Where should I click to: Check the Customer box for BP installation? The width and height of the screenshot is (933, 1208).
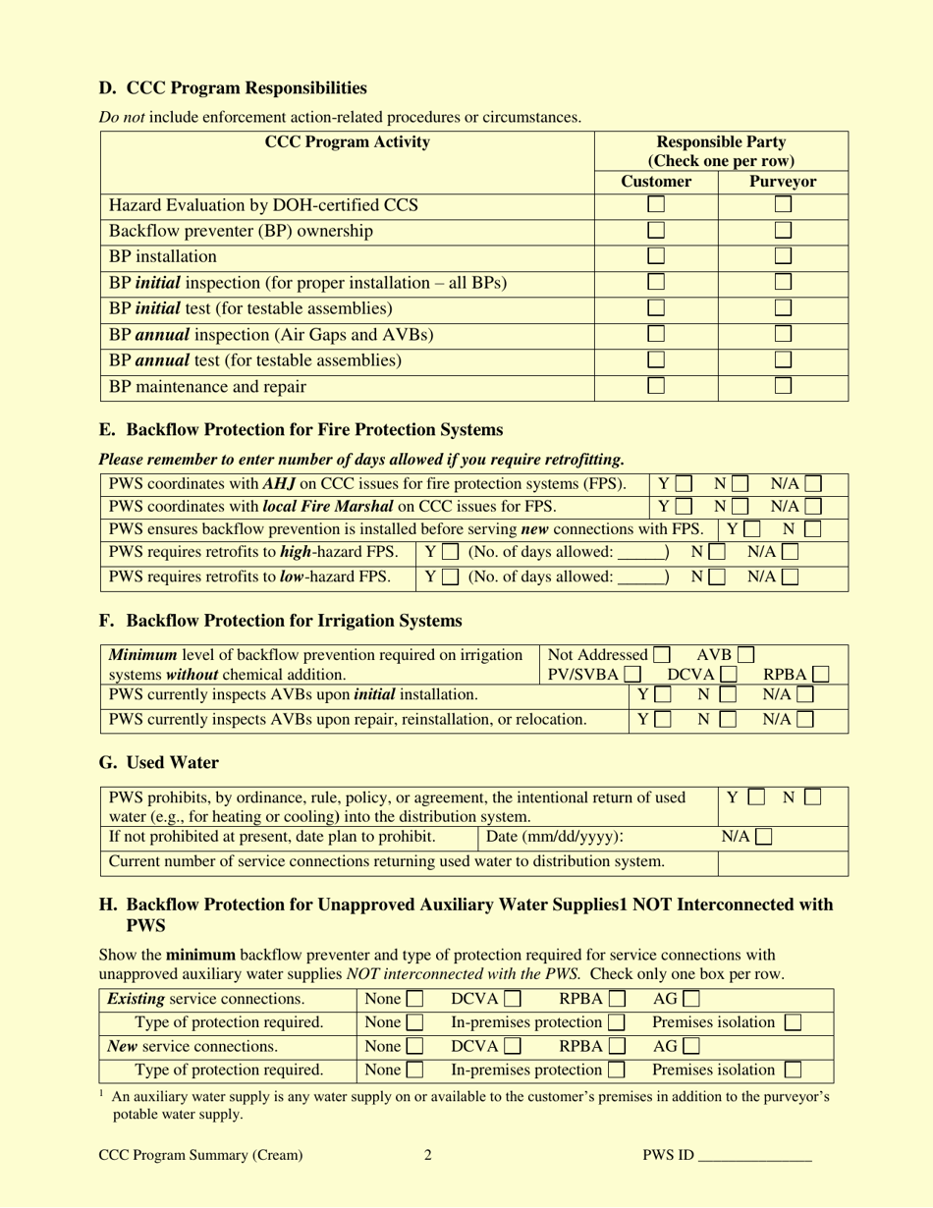(x=656, y=256)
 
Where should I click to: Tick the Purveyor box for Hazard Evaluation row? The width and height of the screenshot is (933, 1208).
(x=783, y=205)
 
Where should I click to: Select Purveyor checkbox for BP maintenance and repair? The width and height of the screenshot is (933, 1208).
(x=783, y=386)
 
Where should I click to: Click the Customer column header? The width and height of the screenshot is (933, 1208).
(x=656, y=182)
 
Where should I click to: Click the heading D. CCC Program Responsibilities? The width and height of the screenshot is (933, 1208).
(x=233, y=88)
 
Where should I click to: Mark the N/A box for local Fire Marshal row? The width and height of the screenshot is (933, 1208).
(x=812, y=507)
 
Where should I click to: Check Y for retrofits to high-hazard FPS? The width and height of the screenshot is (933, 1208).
(x=450, y=553)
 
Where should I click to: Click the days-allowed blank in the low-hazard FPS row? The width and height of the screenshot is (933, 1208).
(x=640, y=577)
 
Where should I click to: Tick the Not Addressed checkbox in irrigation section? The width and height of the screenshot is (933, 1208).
(x=662, y=655)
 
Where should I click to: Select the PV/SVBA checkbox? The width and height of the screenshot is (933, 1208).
(x=633, y=675)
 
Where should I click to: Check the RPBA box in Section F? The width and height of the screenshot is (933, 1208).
(x=820, y=675)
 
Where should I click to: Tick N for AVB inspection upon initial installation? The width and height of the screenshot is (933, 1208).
(x=727, y=695)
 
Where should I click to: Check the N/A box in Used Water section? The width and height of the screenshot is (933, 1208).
(x=763, y=838)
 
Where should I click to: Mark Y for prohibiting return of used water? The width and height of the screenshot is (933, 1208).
(x=756, y=797)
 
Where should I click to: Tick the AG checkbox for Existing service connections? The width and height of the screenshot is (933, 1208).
(x=691, y=1000)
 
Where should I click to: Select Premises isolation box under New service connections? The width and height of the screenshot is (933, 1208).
(x=793, y=1071)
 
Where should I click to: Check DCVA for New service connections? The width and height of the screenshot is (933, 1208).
(x=512, y=1047)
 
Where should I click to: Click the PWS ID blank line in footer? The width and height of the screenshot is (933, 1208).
(x=754, y=1156)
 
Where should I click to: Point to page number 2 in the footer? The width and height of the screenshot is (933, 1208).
(x=428, y=1156)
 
